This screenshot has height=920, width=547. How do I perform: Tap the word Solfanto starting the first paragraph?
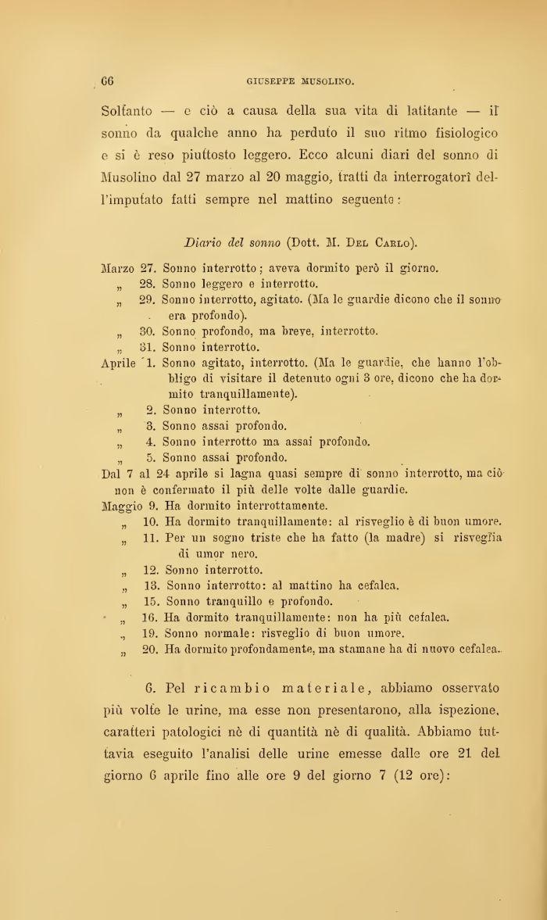point(127,112)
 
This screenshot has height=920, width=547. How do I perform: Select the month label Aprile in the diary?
point(120,363)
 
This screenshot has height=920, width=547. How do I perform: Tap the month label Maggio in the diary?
point(123,506)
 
